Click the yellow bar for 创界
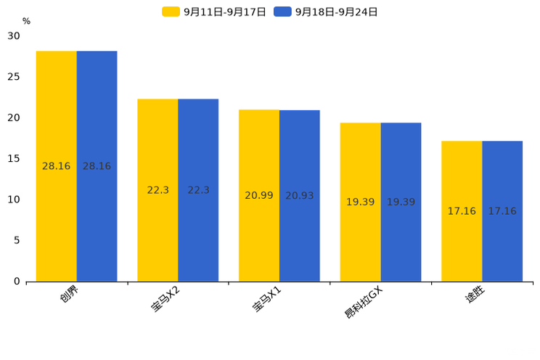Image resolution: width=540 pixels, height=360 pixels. pos(56,166)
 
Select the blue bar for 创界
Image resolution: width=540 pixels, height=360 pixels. pos(97,166)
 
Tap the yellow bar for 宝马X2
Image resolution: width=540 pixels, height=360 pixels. pos(157,190)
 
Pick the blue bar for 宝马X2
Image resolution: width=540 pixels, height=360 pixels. pos(198,190)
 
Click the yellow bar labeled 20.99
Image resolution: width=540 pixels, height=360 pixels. pos(259,195)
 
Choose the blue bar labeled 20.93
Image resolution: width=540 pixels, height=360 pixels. pos(300,196)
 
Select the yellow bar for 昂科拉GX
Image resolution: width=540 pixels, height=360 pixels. pos(360,202)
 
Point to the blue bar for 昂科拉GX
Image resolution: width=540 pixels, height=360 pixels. pos(401,202)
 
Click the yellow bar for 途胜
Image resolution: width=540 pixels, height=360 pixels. pos(462,211)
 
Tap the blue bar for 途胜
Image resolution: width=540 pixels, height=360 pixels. pos(502,211)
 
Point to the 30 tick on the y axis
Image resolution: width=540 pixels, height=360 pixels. pos(14,36)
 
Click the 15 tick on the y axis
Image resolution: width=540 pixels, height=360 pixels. pos(14,158)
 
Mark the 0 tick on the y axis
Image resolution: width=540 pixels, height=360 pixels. pos(17,281)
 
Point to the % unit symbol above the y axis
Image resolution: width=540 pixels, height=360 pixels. pos(26,21)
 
